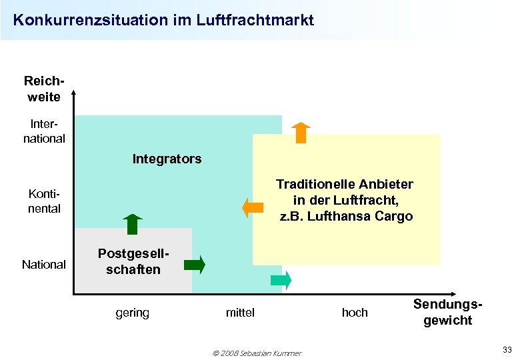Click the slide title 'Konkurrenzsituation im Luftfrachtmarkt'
(x=163, y=20)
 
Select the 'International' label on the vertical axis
(x=44, y=131)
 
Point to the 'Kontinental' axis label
(x=44, y=201)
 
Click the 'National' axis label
(x=44, y=265)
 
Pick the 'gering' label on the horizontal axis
(x=132, y=313)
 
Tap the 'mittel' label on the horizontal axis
(x=240, y=313)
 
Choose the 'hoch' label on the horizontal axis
(x=354, y=313)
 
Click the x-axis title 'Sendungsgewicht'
(x=447, y=312)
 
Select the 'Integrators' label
(x=167, y=159)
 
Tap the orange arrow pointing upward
(x=301, y=133)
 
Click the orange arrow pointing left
(x=253, y=207)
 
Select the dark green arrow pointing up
(x=133, y=224)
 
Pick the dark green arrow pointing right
(x=195, y=265)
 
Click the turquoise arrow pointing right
(x=281, y=281)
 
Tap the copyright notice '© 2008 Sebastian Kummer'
(x=257, y=353)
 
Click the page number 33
(x=507, y=350)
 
